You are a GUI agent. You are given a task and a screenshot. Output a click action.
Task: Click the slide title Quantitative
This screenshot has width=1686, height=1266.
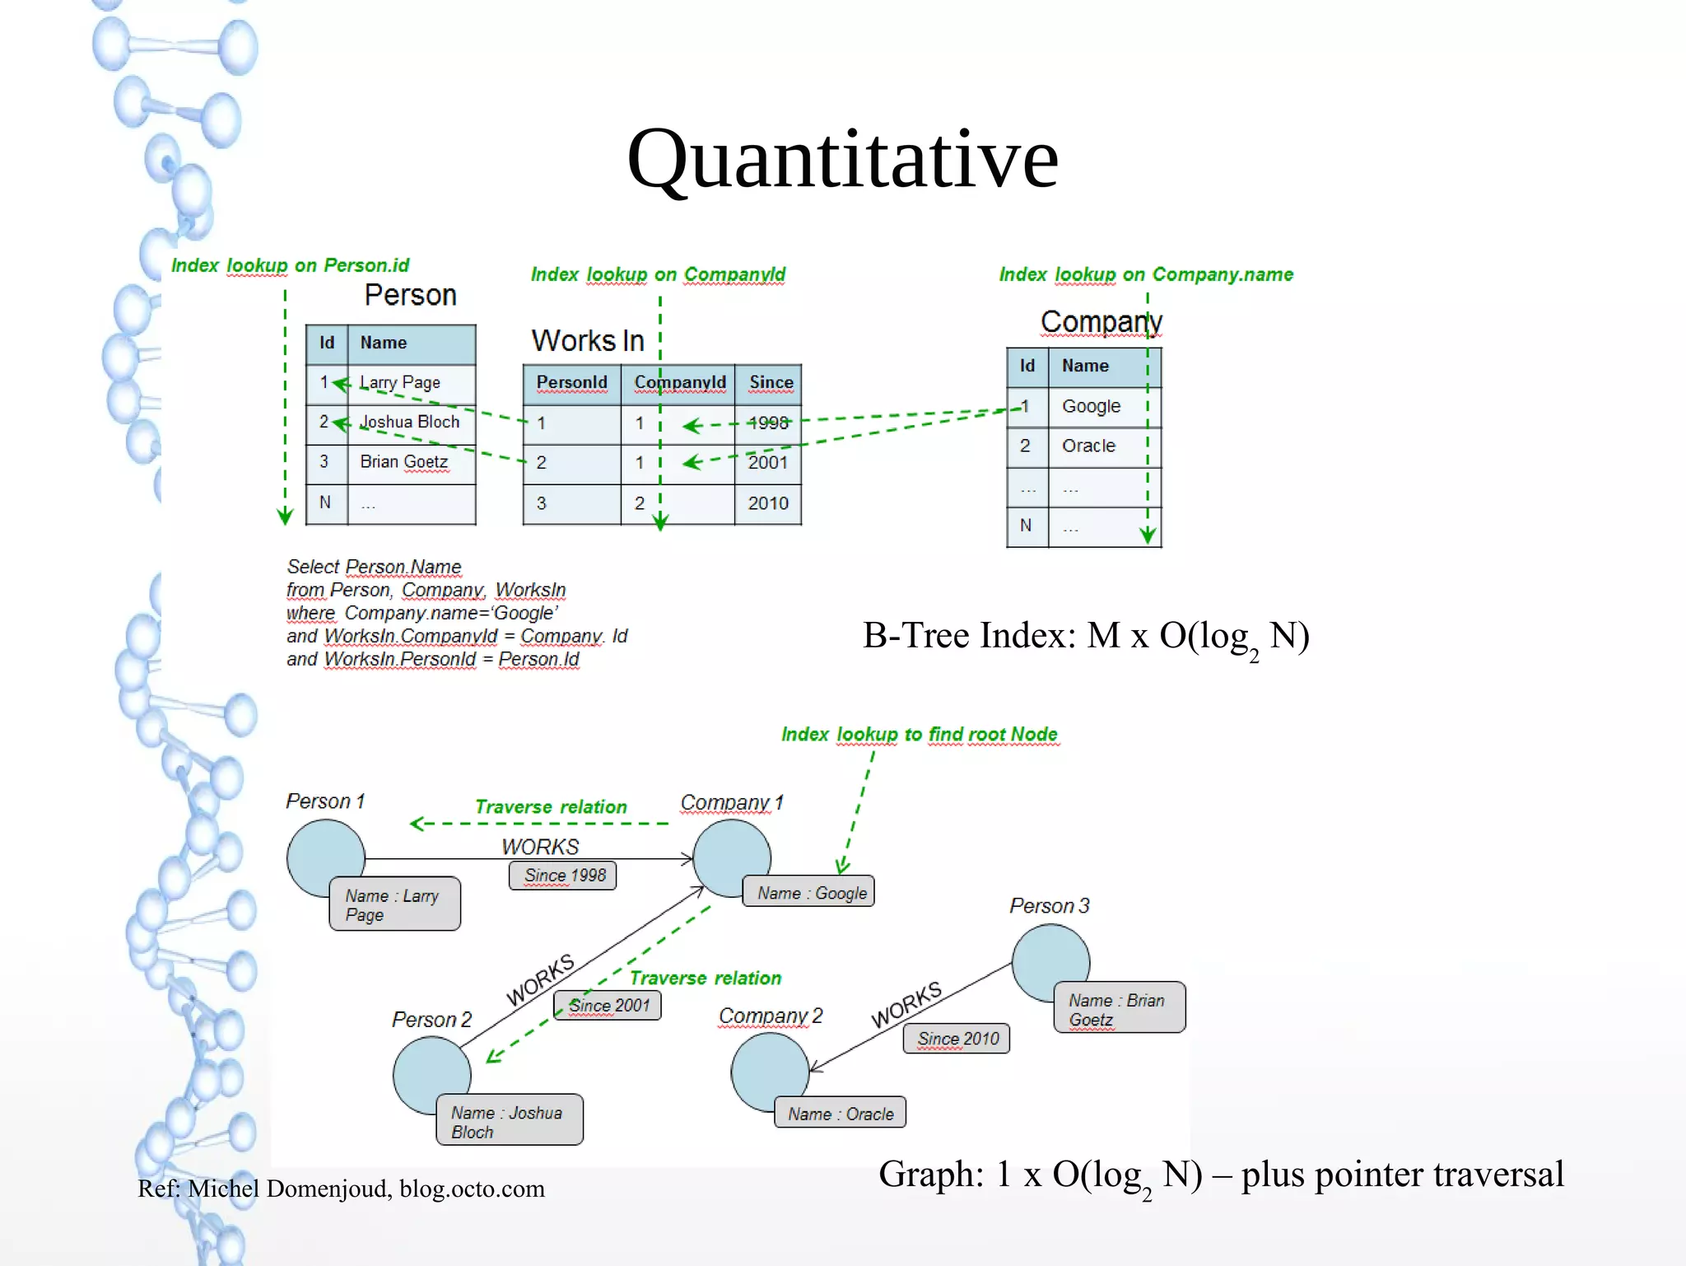pos(842,158)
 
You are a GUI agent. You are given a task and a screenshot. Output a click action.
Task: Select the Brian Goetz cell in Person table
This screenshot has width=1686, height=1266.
pos(403,462)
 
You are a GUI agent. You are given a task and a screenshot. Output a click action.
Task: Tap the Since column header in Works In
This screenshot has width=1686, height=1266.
pos(771,382)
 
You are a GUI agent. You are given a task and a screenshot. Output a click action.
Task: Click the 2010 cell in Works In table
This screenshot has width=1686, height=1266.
pos(767,503)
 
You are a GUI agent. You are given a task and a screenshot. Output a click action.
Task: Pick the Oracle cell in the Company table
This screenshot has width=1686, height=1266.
pos(1088,446)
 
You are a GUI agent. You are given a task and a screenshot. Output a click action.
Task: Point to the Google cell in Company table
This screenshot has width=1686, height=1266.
pos(1091,406)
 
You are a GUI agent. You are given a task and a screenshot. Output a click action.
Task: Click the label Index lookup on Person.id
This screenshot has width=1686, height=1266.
pos(290,265)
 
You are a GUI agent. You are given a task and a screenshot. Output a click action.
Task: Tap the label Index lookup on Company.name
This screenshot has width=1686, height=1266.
pos(1146,274)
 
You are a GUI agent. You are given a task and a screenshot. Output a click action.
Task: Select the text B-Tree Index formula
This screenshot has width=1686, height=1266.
pos(1085,637)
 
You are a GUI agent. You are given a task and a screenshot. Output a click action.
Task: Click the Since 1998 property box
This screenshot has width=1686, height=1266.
pos(564,875)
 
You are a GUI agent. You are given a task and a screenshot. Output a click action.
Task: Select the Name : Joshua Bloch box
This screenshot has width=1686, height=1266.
pos(509,1121)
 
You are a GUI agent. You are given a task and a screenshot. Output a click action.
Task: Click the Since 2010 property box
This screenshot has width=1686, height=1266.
pos(957,1039)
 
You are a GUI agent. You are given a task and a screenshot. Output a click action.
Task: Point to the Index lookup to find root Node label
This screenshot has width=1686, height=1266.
pos(919,734)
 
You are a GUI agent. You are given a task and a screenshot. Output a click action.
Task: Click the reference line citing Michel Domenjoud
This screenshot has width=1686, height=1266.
pos(341,1189)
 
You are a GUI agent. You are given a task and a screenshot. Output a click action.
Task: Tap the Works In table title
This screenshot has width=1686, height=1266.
pos(587,340)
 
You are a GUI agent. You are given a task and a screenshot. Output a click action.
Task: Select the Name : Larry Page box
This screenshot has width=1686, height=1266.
pos(394,904)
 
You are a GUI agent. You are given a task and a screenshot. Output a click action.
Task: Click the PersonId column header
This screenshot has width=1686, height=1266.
pos(571,382)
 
